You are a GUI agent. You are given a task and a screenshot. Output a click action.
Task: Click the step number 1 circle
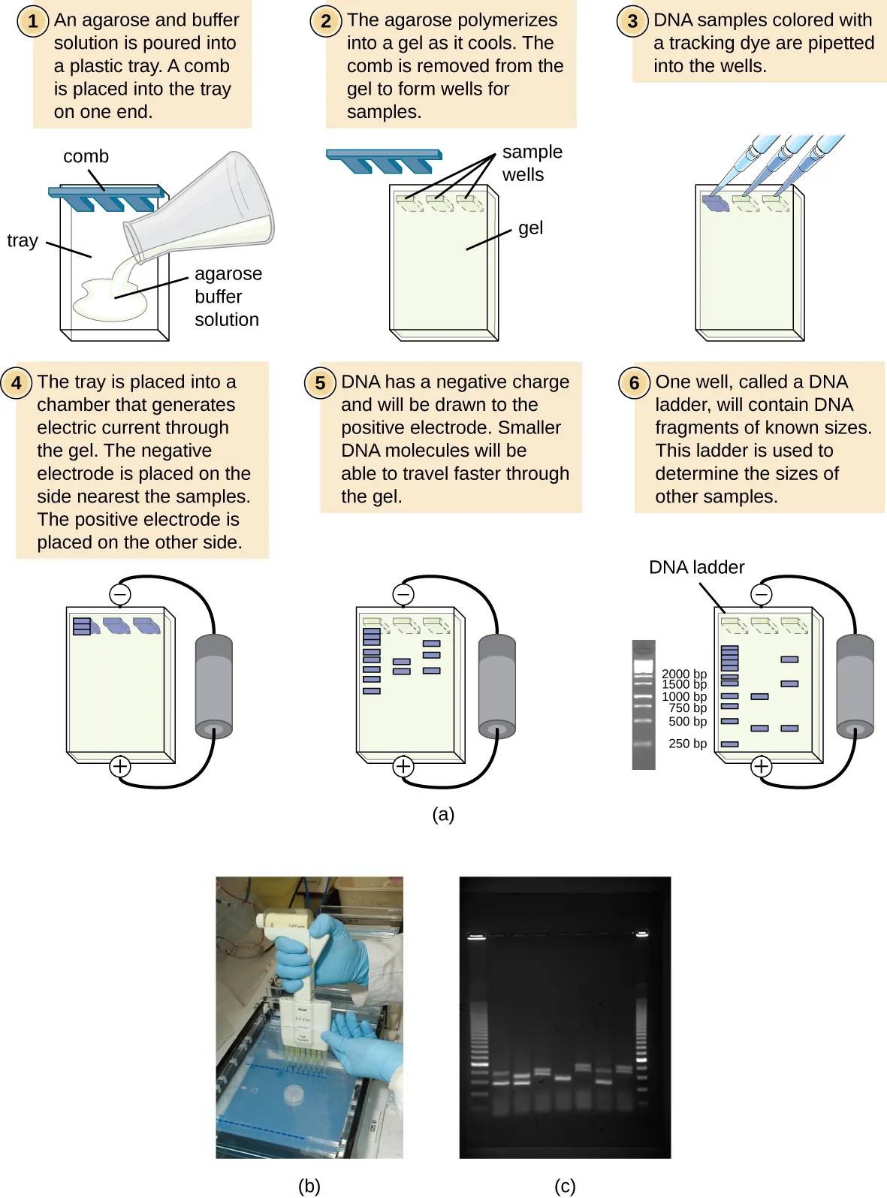coord(32,21)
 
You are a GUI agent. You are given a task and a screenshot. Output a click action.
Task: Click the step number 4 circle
coord(17,383)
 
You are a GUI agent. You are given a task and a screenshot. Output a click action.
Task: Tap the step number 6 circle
coord(634,383)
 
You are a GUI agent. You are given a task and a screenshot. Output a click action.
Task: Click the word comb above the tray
coord(86,156)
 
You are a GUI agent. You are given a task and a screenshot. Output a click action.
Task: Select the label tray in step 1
coord(23,240)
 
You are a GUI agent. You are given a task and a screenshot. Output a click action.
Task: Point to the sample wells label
coord(532,163)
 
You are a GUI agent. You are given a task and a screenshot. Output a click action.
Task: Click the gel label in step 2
coord(530,228)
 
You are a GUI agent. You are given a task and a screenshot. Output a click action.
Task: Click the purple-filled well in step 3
coord(715,202)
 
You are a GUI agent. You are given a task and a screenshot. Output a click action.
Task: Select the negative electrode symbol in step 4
coord(120,594)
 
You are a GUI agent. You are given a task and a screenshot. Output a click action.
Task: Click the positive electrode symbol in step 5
coord(403,766)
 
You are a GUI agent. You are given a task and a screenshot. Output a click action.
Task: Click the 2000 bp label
coord(683,673)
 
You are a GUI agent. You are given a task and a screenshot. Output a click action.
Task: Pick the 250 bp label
coord(687,743)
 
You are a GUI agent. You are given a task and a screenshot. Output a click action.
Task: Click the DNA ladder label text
coord(696,567)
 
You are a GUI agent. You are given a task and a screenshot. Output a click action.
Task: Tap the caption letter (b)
coord(309,1185)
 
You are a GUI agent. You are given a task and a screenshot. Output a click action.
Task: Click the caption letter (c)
coord(565,1185)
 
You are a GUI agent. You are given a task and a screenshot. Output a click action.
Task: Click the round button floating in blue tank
coord(294,1095)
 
